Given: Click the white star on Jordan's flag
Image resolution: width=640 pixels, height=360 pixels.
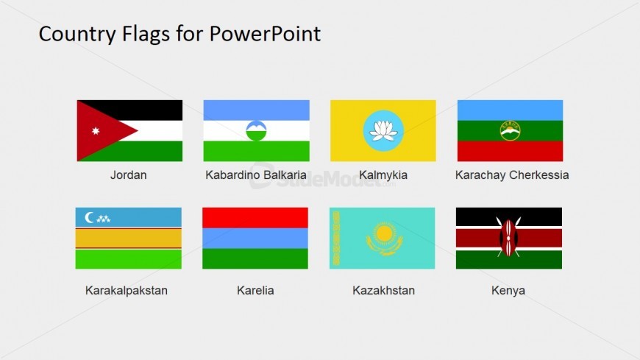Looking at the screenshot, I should pos(95,131).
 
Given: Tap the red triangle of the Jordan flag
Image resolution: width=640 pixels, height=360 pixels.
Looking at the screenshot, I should pos(103,130).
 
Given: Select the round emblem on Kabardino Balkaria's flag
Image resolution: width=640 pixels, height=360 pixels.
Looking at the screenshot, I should pos(256,131).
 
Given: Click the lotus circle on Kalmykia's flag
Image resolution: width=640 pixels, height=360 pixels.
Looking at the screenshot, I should pos(383,130).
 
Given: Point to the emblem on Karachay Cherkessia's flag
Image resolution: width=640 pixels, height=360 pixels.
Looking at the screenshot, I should pos(510,130).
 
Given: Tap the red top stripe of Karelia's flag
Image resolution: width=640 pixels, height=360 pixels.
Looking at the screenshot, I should pos(255,217).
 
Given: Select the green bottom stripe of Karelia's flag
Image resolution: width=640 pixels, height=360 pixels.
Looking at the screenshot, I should pos(255,258).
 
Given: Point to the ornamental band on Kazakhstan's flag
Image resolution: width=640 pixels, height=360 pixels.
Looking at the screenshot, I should pos(337,238).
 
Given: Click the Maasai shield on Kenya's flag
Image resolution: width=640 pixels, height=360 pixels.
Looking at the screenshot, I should pos(508,237).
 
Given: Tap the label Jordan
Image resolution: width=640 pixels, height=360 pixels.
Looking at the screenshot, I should pos(129,175).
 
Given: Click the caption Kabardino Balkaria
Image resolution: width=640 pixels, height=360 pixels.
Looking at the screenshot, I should pos(256,175).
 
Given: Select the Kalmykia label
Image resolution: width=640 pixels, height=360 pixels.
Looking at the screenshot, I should pos(383,175).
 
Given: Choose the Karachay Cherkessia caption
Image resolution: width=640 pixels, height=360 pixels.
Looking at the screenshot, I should pos(512,175).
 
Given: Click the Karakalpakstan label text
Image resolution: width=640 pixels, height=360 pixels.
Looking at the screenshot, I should pos(127,290).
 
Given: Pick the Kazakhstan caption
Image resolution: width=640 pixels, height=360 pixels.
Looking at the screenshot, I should pos(383,290).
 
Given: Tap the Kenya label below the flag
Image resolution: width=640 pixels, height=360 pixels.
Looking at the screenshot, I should pos(508,290).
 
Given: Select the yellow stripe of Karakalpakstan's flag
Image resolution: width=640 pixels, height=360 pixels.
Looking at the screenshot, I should pos(128,238).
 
